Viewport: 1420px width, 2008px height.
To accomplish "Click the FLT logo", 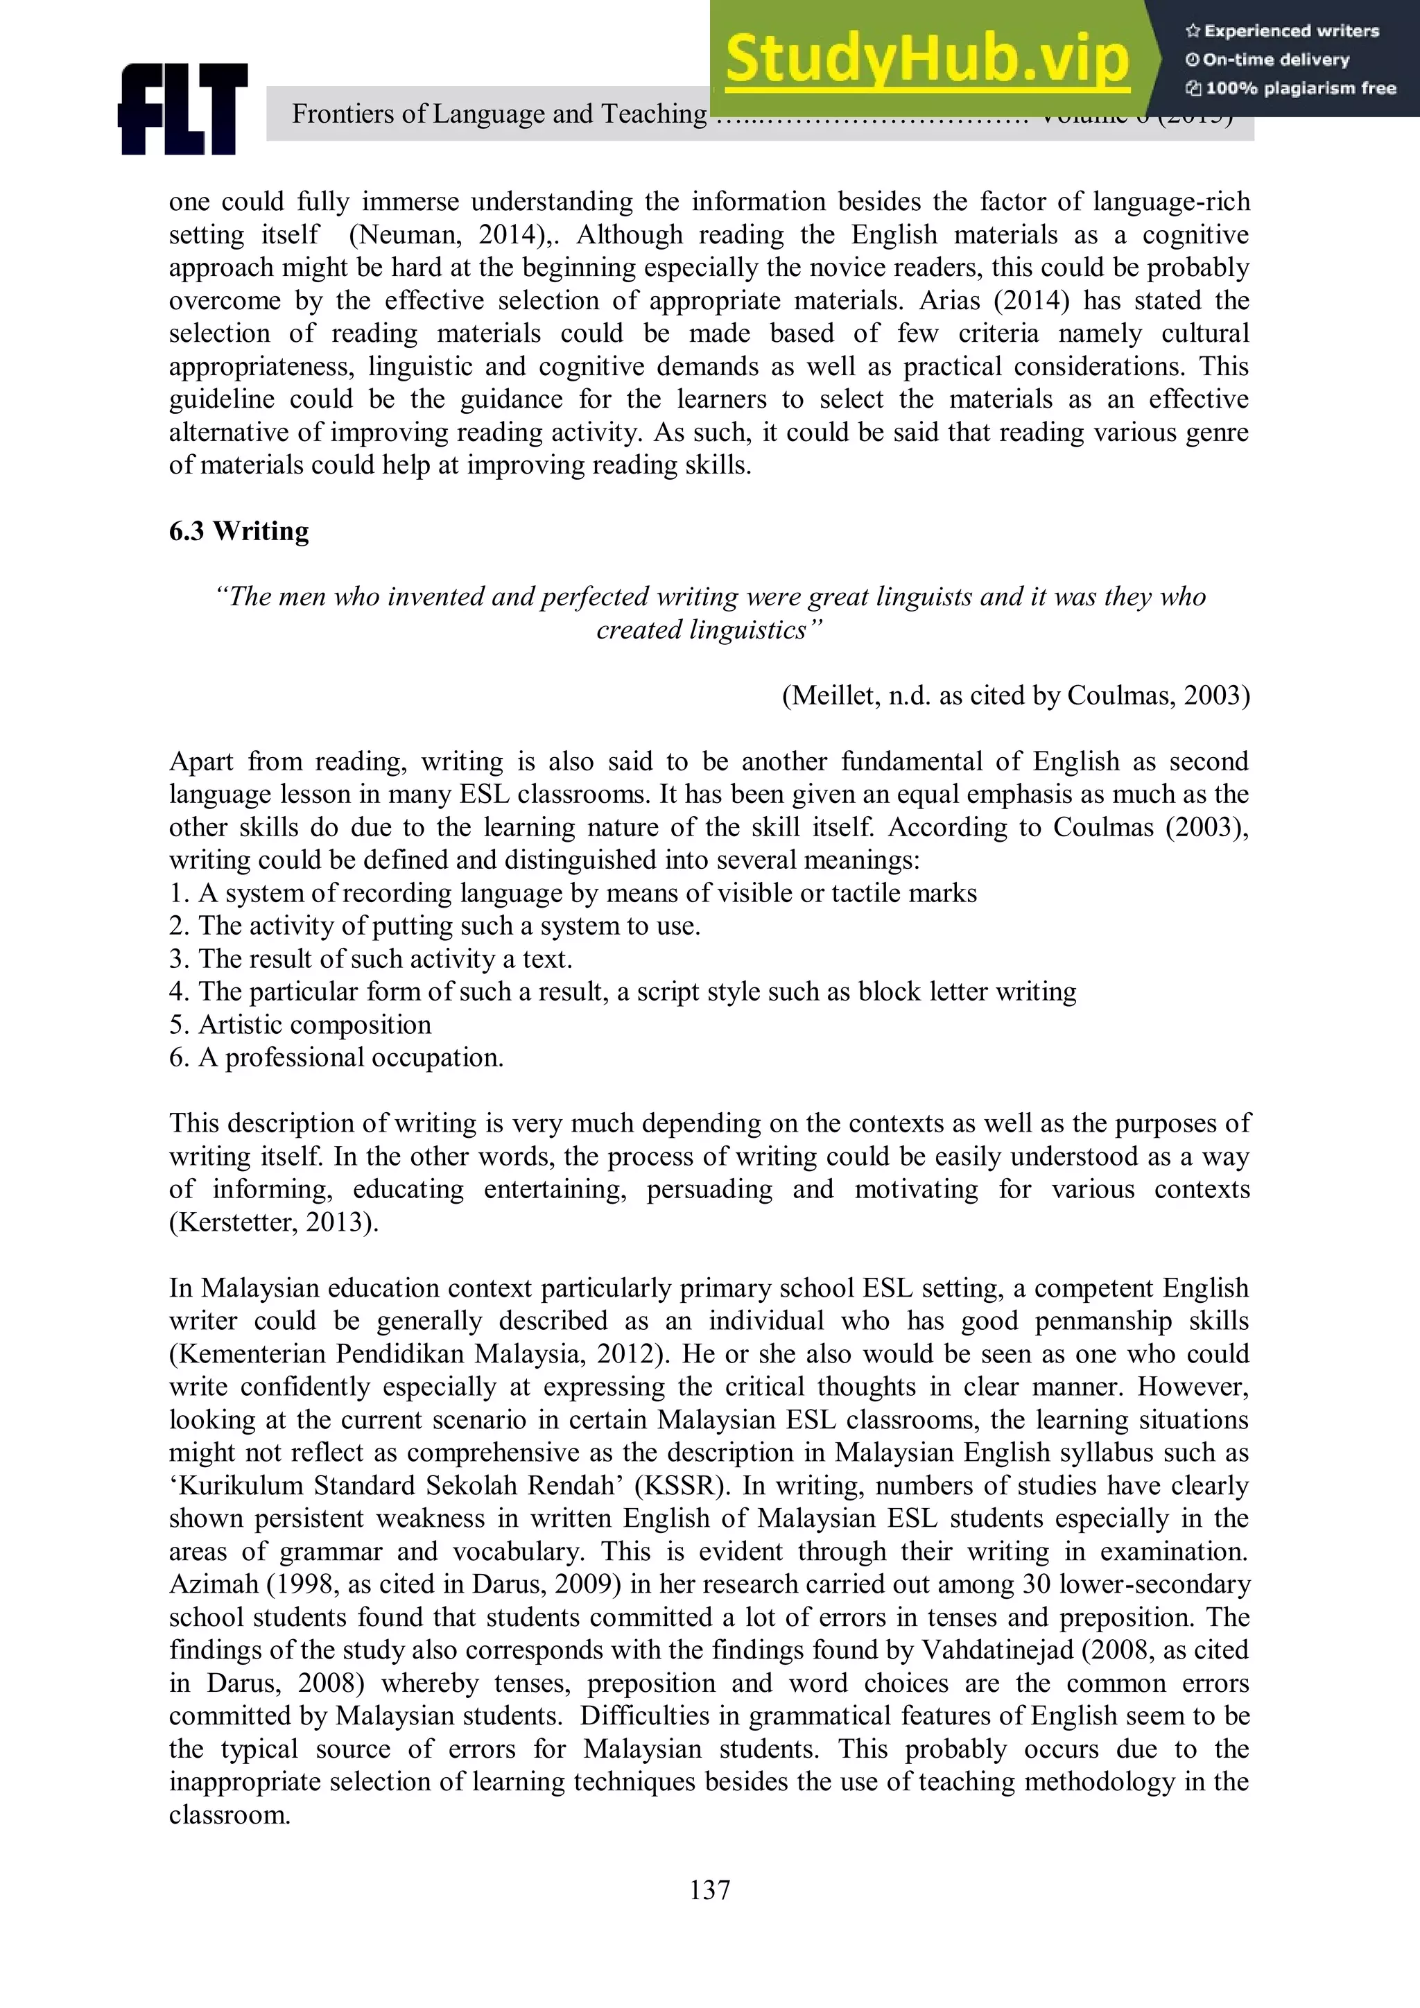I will [183, 110].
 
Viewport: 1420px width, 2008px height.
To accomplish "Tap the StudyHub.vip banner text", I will [927, 60].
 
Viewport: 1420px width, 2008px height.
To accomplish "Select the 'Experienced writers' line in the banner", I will [1282, 31].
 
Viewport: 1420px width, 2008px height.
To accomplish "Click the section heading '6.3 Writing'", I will [239, 531].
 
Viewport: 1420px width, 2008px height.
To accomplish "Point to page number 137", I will [709, 1890].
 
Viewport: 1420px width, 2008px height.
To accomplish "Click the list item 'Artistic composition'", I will [314, 1024].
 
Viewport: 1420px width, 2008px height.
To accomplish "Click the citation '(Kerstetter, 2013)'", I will [272, 1222].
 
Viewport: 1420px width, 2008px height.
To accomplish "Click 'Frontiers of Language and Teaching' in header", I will [499, 114].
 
